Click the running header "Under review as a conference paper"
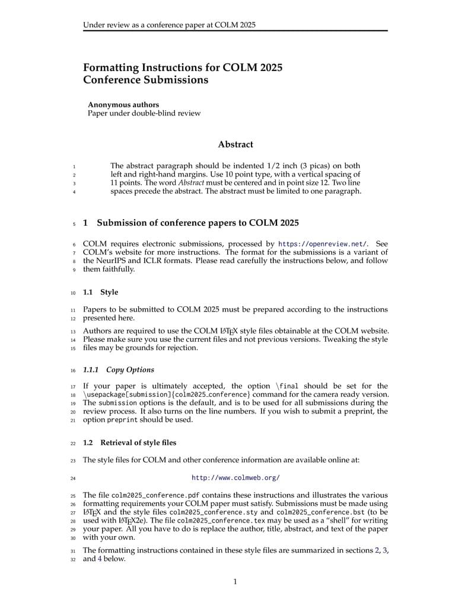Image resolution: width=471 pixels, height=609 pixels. tap(169, 25)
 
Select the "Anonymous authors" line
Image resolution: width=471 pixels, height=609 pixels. tap(123, 105)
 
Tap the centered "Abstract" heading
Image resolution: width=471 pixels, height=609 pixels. tap(235, 145)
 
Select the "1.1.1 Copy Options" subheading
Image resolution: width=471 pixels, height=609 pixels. tap(118, 370)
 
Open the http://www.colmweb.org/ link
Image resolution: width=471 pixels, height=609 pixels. tap(235, 477)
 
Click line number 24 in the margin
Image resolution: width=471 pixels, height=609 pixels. tap(73, 477)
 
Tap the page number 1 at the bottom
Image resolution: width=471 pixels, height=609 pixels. tap(235, 582)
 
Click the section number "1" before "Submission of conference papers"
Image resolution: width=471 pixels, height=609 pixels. tap(85, 223)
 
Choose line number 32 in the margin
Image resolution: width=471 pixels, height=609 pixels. tap(73, 559)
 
